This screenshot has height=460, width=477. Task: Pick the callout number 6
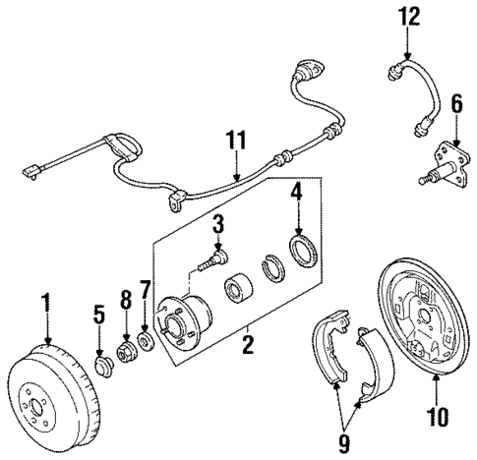pos(455,102)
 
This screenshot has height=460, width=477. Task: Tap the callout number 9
pos(343,444)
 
